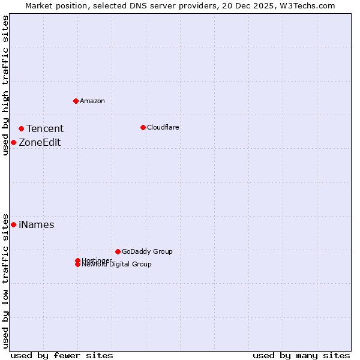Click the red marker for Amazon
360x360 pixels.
[x=76, y=101]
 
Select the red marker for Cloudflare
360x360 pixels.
[x=143, y=127]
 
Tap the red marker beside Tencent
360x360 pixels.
[x=21, y=128]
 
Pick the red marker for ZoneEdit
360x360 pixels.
[x=13, y=142]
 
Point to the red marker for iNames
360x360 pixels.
[x=13, y=224]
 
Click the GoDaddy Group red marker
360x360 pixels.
[x=118, y=251]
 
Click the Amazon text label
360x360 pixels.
[x=92, y=101]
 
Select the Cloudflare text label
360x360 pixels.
[x=163, y=127]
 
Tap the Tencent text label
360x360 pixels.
[x=44, y=128]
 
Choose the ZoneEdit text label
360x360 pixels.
[x=40, y=142]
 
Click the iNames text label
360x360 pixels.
[x=36, y=225]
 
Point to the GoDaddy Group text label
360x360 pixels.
[x=147, y=251]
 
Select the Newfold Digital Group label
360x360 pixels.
[x=116, y=265]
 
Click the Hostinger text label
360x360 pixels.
[x=97, y=260]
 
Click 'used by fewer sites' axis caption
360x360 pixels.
[x=62, y=355]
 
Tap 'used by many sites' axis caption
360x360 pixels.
[x=301, y=355]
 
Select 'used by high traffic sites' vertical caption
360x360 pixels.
[x=5, y=85]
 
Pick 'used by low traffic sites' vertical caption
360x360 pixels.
[x=5, y=280]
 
